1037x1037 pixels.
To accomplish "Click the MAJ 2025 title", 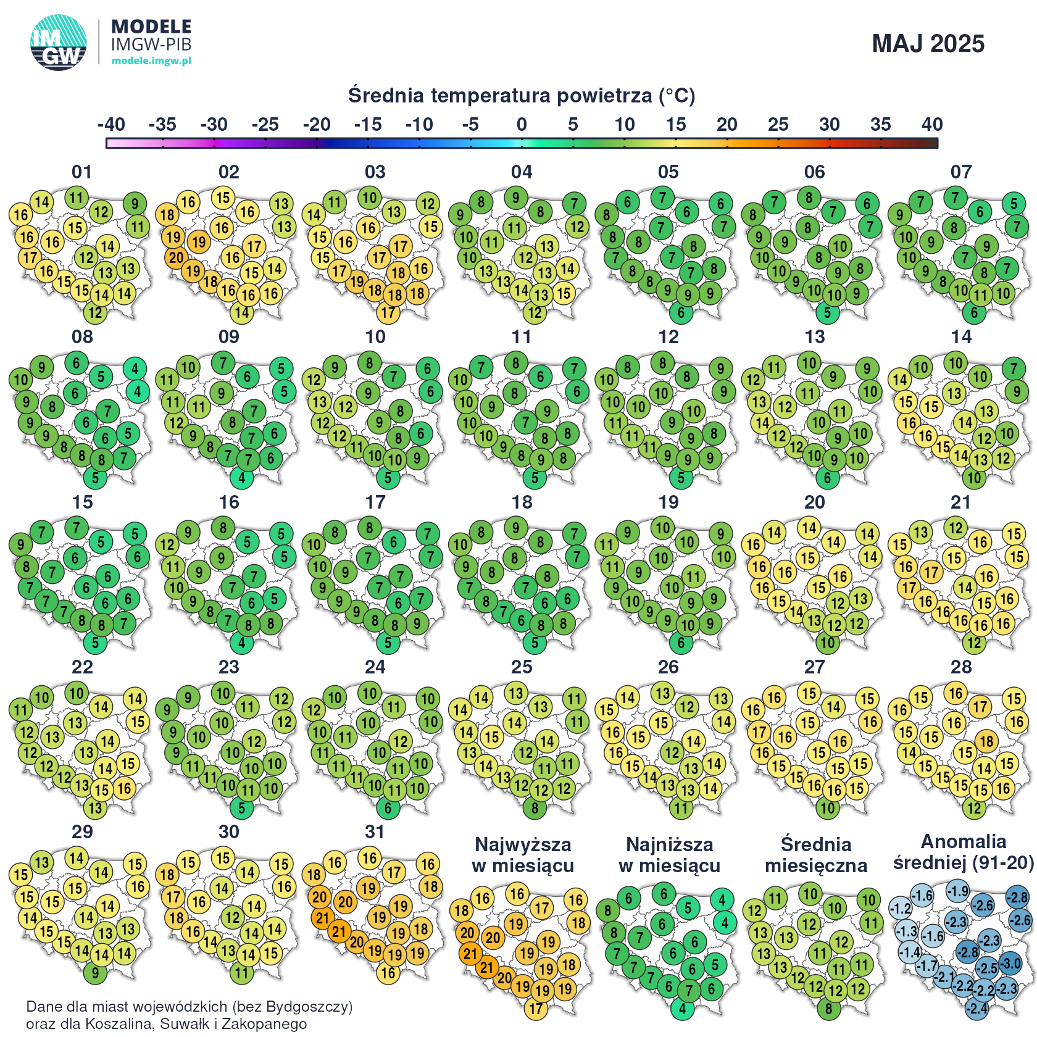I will pos(928,44).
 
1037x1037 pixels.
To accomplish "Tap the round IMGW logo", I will pos(59,43).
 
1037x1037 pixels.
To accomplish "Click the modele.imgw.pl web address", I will pos(151,60).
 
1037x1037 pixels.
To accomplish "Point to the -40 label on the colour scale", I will pos(111,125).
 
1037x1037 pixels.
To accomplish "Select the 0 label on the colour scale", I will pos(522,125).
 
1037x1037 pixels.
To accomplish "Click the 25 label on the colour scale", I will pos(778,125).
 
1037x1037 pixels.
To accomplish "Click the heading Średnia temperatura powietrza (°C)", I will pos(522,96).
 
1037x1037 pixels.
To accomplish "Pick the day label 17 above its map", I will pos(375,502).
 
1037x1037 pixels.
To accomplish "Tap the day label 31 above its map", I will pos(375,832).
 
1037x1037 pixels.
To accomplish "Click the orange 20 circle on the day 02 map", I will pos(176,257).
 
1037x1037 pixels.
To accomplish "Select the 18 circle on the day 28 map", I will pos(987,741).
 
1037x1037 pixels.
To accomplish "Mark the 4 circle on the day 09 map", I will pos(242,478).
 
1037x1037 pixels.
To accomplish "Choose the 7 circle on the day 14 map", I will pos(1014,369).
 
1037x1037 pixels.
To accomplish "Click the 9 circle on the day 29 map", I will pos(95,973).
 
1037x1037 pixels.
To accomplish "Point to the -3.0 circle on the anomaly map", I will pos(1010,963).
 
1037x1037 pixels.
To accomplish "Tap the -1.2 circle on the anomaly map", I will pos(900,909).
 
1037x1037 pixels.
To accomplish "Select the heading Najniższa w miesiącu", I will pos(669,855).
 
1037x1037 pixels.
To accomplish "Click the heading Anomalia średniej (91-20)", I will pos(964,852).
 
